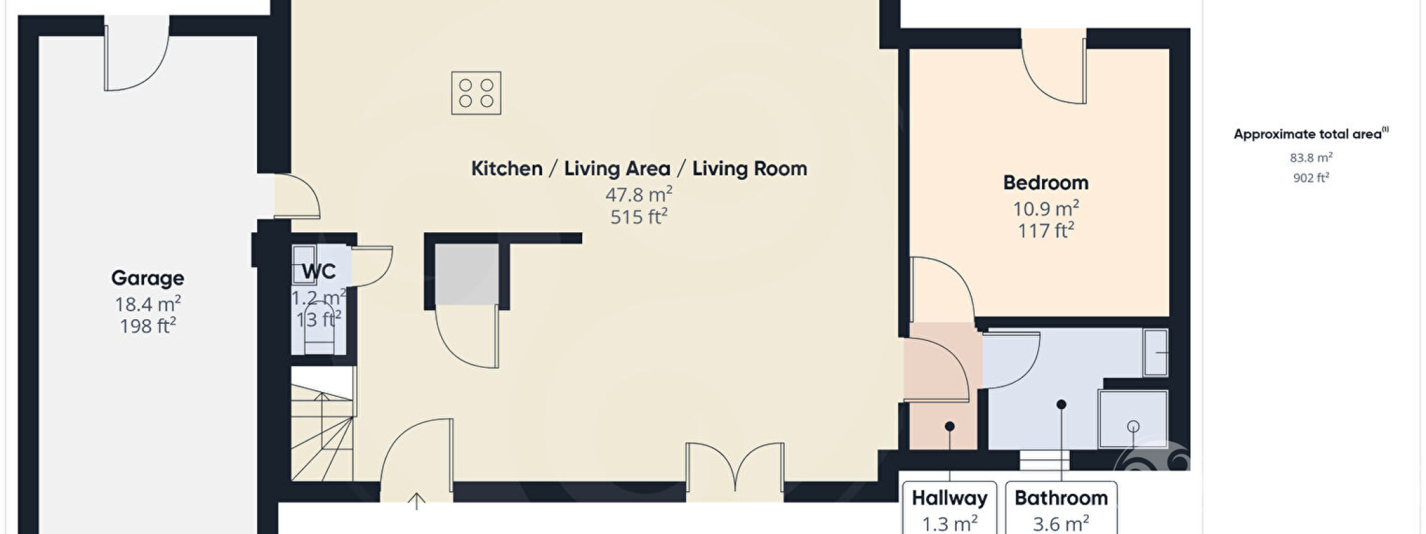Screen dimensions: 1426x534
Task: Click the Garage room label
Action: click(147, 278)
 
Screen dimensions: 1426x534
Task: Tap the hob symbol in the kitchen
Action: click(476, 93)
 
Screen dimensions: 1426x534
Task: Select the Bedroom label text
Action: click(1045, 183)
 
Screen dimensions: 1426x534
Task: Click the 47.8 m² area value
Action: click(639, 195)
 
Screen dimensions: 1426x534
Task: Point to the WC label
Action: click(319, 272)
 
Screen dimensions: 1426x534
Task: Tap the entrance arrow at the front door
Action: click(416, 501)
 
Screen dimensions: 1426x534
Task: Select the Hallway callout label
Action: click(949, 498)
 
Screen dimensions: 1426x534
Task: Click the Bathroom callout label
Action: click(1061, 498)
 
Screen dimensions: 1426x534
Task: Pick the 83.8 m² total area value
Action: click(1311, 158)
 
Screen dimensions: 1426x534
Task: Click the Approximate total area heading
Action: click(1311, 134)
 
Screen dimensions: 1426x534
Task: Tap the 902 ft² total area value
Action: click(1311, 178)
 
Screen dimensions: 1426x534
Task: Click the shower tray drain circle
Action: click(1133, 426)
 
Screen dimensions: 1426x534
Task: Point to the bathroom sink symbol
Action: click(1156, 352)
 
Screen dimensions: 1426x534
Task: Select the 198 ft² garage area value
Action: click(148, 326)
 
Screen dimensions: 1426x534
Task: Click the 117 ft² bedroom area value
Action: click(1046, 231)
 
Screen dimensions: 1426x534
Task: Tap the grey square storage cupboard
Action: click(467, 274)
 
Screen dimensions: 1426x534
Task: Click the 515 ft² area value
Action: click(639, 217)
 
